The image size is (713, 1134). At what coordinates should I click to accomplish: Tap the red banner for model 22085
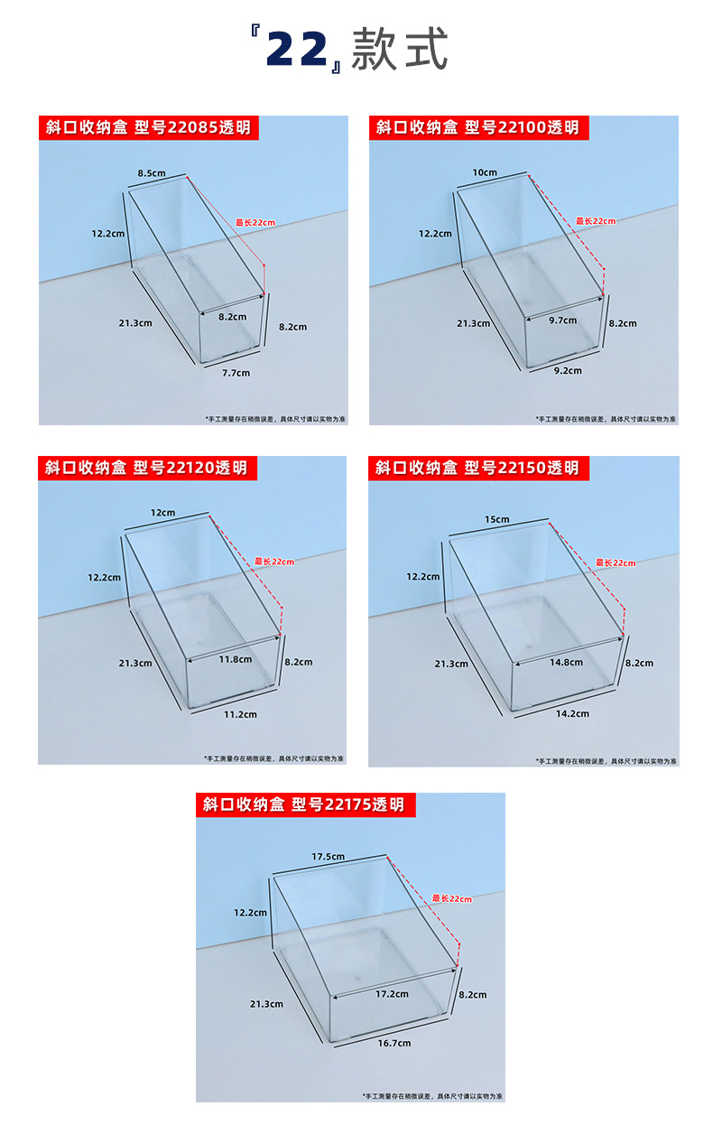point(148,127)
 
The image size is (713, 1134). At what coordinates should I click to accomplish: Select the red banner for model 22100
point(477,127)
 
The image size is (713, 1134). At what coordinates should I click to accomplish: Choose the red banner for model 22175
point(303,804)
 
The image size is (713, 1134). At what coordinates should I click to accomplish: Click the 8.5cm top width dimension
point(152,172)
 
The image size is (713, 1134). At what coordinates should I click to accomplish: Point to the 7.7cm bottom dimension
point(236,372)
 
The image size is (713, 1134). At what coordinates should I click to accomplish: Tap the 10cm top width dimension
point(484,172)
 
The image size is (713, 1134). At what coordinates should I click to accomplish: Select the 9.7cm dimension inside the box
point(563,320)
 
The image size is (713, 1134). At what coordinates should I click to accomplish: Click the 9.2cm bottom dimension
point(568,370)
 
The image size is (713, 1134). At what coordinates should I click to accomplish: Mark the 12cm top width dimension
point(162,513)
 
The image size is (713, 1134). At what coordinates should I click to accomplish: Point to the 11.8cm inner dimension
point(235,659)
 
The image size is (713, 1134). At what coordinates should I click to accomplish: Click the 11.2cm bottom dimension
point(240,714)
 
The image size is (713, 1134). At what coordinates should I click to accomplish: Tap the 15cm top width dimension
point(496,519)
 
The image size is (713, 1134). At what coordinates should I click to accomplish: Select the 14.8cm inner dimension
point(567,663)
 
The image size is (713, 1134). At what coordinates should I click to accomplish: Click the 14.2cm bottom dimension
point(572,713)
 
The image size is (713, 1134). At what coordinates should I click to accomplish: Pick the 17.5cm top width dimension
point(329,856)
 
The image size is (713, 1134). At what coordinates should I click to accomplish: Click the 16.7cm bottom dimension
point(394,1043)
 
